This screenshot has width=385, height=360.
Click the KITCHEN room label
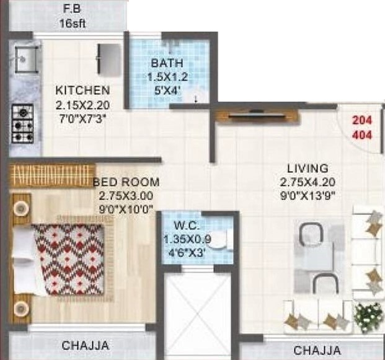pyautogui.click(x=82, y=90)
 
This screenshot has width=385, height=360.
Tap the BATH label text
pyautogui.click(x=167, y=63)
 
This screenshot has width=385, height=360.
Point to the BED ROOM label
pyautogui.click(x=126, y=183)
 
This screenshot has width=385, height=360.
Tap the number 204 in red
pyautogui.click(x=363, y=121)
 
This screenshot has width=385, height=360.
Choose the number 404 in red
pyautogui.click(x=363, y=134)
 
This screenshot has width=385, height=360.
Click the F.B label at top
pyautogui.click(x=72, y=9)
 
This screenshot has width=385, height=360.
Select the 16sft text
pyautogui.click(x=72, y=24)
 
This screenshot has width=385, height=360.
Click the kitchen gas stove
pyautogui.click(x=22, y=125)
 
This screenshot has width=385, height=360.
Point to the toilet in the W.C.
pyautogui.click(x=228, y=238)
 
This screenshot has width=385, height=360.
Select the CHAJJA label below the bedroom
pyautogui.click(x=86, y=345)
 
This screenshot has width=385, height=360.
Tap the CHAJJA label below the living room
pyautogui.click(x=317, y=350)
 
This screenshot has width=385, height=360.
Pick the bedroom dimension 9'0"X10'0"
pyautogui.click(x=125, y=209)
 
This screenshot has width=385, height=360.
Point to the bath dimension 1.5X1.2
pyautogui.click(x=167, y=77)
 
